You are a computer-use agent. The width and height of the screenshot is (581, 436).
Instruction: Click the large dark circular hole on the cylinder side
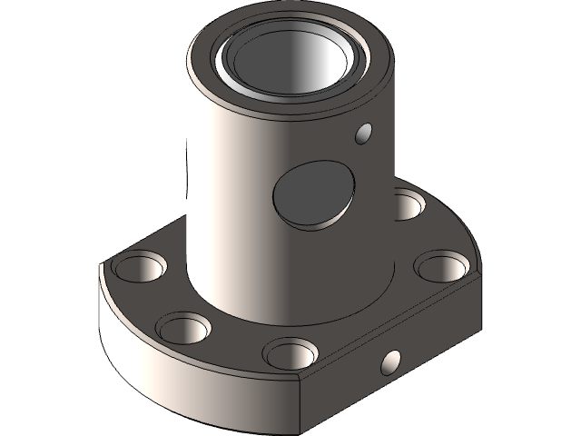tap(312, 193)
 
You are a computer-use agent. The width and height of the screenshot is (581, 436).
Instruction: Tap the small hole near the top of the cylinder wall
tap(365, 134)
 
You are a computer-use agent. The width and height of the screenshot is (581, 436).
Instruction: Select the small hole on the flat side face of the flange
tap(390, 362)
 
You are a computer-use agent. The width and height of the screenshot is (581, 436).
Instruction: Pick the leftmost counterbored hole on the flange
tap(139, 266)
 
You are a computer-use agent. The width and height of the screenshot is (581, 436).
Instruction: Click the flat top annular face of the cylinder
tap(204, 68)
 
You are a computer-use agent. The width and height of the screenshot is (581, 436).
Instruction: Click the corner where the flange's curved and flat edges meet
tap(302, 379)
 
